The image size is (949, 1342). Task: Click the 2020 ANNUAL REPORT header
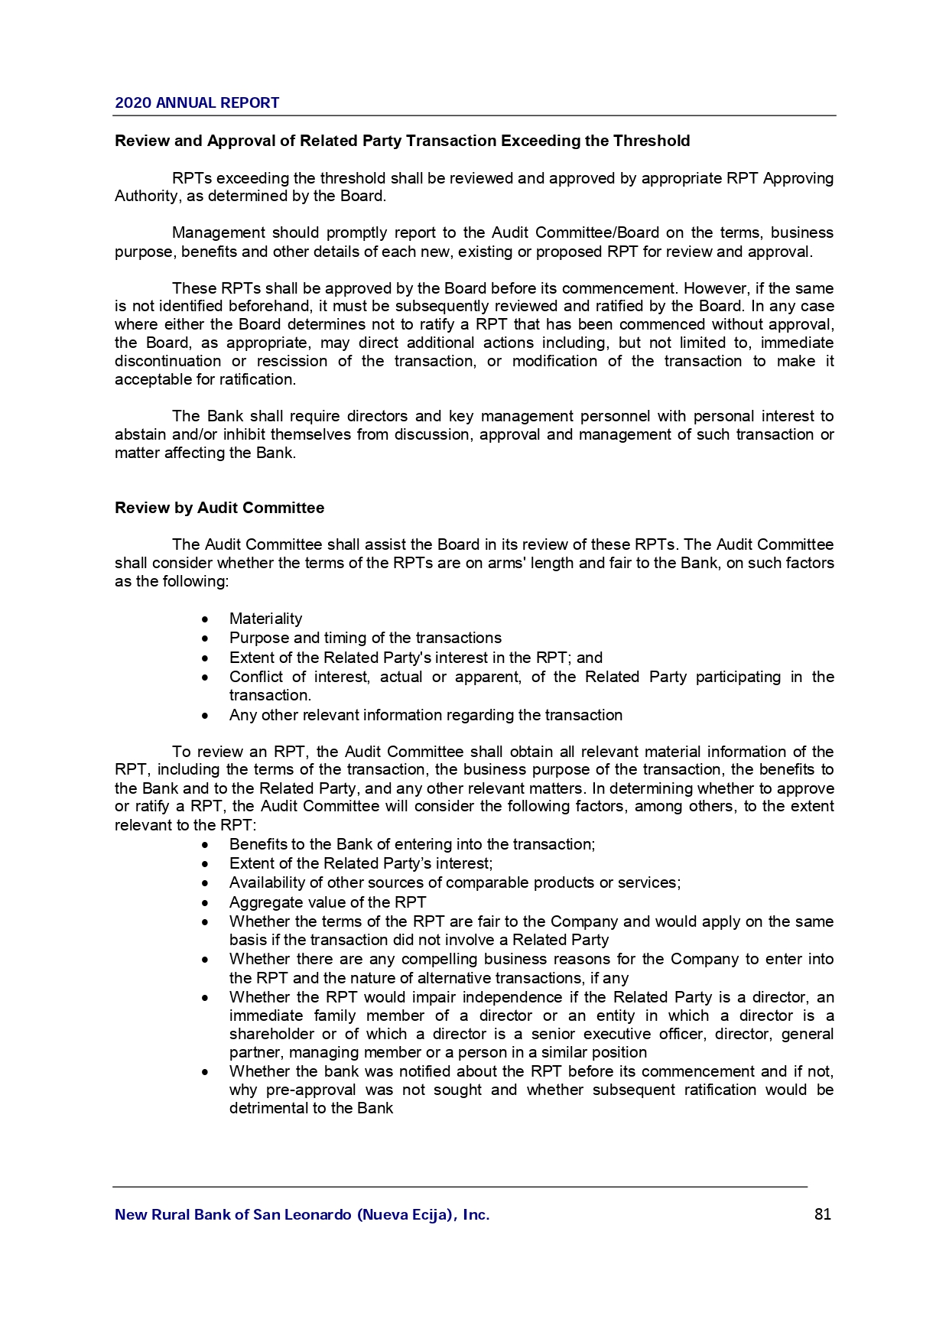[x=197, y=102]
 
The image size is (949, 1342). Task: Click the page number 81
[x=823, y=1214]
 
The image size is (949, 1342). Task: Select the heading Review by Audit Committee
[x=219, y=508]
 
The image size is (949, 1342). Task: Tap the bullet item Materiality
[x=265, y=619]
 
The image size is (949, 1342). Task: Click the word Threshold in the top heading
[x=652, y=141]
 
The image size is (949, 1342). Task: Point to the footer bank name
[x=302, y=1214]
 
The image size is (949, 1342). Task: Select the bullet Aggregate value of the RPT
[x=327, y=902]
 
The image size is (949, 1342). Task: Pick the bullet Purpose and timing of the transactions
[x=365, y=638]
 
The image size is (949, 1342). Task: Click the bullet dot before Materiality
[x=205, y=619]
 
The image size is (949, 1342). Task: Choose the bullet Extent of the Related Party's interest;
[x=360, y=863]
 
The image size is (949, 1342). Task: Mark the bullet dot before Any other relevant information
[x=205, y=716]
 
